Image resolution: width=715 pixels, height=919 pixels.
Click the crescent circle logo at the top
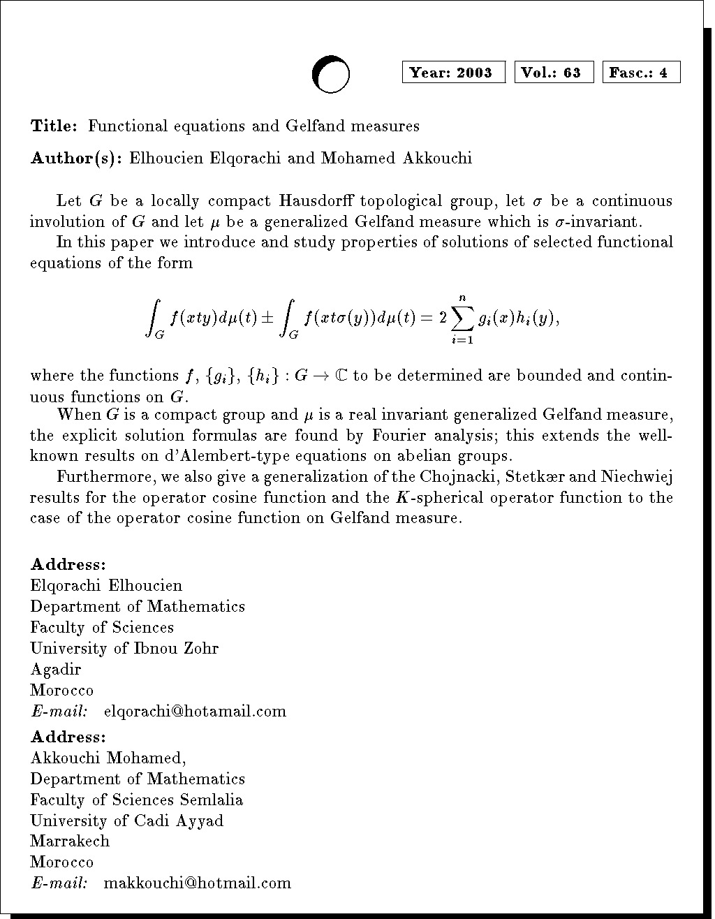click(330, 74)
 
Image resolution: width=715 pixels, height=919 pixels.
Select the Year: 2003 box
click(453, 73)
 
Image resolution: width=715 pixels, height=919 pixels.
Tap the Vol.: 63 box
click(554, 73)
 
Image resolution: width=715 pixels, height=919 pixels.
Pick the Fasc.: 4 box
click(641, 73)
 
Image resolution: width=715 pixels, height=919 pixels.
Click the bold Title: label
click(54, 126)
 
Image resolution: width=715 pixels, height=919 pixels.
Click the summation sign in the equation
click(462, 319)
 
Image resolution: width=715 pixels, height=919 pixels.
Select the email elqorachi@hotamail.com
click(195, 712)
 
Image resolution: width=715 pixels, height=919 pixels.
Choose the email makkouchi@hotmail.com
click(197, 883)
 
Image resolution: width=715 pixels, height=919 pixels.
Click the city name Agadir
click(56, 670)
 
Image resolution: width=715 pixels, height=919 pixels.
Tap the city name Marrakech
click(70, 841)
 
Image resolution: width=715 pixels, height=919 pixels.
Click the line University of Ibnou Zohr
click(124, 649)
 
